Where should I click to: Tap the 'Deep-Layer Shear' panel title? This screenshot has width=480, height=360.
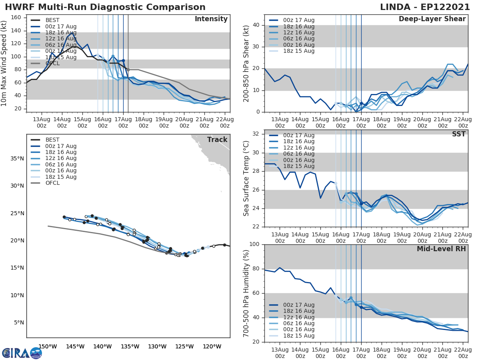pyautogui.click(x=432, y=19)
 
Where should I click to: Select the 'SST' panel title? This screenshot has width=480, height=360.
pyautogui.click(x=459, y=134)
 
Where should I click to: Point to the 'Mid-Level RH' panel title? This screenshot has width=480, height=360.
pyautogui.click(x=441, y=249)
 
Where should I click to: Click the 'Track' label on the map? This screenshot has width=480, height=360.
pyautogui.click(x=217, y=140)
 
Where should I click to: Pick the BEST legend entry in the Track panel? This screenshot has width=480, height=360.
pyautogui.click(x=52, y=140)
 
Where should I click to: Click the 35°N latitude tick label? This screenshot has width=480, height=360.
pyautogui.click(x=17, y=158)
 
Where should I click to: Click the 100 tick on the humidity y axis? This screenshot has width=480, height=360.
pyautogui.click(x=255, y=244)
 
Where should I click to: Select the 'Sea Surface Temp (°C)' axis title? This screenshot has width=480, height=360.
pyautogui.click(x=246, y=178)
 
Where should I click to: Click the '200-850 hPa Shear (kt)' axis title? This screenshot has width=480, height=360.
pyautogui.click(x=246, y=63)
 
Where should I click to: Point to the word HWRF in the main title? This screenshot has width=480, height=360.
pyautogui.click(x=18, y=7)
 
